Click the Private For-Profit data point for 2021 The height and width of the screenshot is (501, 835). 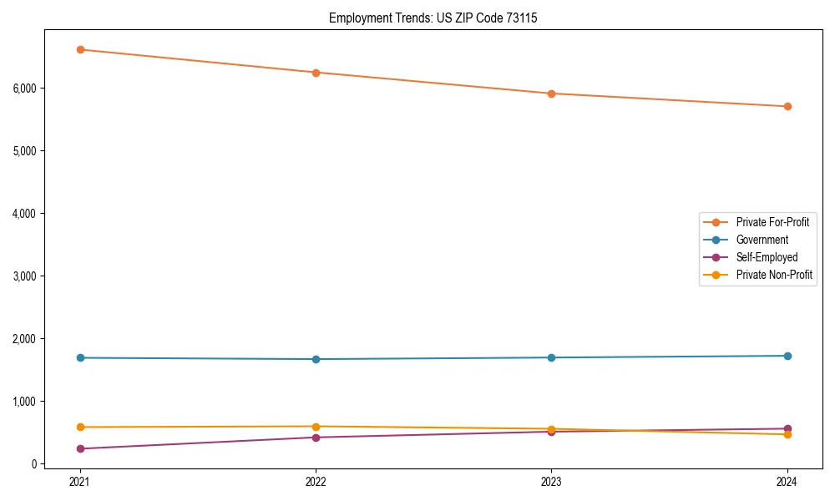point(80,49)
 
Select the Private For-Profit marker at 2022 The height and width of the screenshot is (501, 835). point(316,73)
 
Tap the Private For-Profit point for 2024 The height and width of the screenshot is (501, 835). point(787,106)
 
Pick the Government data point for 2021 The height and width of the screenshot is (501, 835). point(80,357)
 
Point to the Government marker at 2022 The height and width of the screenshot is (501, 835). point(316,359)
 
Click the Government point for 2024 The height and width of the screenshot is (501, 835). point(787,356)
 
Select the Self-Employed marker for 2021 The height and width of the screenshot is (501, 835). point(80,448)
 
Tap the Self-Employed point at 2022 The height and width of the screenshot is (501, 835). point(316,438)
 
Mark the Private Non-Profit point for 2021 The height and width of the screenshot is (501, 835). point(80,427)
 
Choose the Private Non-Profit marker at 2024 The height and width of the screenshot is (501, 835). point(787,434)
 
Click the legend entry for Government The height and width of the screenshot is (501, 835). point(762,240)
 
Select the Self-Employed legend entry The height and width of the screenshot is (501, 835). point(767,257)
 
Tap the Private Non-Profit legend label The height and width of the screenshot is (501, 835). point(774,275)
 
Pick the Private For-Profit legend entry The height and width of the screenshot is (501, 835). point(772,222)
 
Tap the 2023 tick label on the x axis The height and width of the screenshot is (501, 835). point(551,481)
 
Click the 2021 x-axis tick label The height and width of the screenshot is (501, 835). point(80,481)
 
